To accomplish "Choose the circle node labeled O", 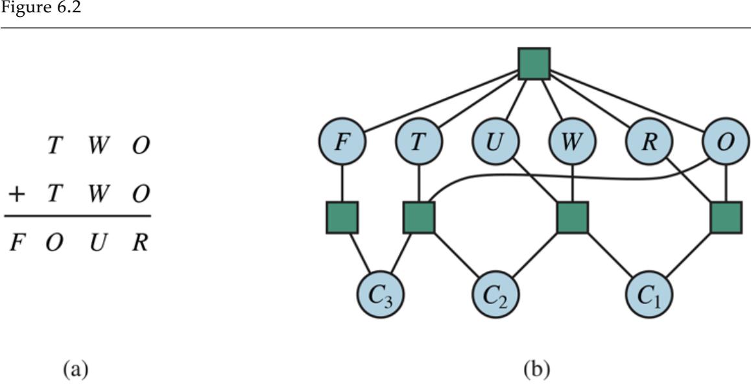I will [726, 142].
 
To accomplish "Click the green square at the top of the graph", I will [534, 64].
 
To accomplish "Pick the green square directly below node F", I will [342, 217].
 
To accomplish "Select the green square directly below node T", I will [418, 217].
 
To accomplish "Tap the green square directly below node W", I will [572, 217].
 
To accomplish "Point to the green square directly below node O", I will [726, 217].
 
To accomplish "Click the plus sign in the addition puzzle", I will [15, 194].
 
